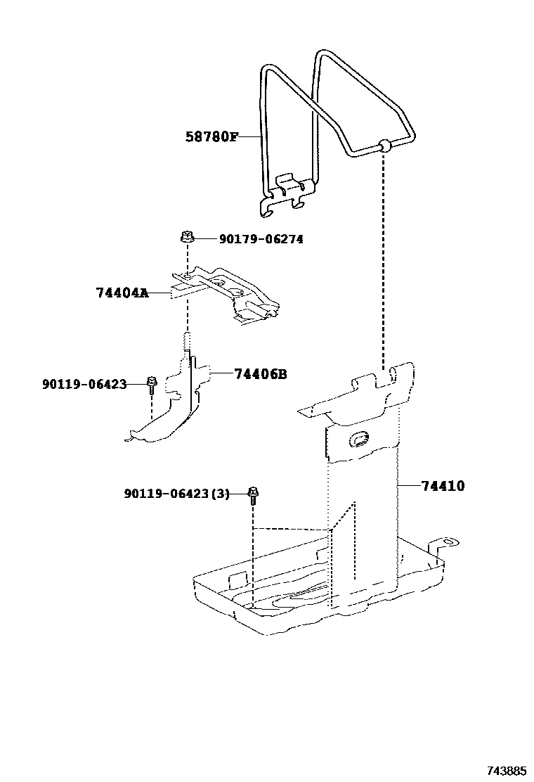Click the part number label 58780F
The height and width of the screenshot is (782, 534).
pyautogui.click(x=211, y=136)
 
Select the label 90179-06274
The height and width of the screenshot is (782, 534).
pyautogui.click(x=261, y=239)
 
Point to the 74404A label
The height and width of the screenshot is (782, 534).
pyautogui.click(x=122, y=292)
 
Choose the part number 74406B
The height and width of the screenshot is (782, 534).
pyautogui.click(x=260, y=374)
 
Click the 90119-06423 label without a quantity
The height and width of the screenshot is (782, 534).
pyautogui.click(x=84, y=384)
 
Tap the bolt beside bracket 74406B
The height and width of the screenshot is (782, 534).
pyautogui.click(x=152, y=384)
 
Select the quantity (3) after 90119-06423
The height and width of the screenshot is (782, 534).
pyautogui.click(x=220, y=494)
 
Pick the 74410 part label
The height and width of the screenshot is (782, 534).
pyautogui.click(x=443, y=485)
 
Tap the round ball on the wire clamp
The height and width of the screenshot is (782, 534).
pyautogui.click(x=384, y=147)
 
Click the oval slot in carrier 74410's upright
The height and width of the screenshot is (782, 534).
pyautogui.click(x=358, y=439)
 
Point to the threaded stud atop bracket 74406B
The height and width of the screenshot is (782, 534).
pyautogui.click(x=187, y=342)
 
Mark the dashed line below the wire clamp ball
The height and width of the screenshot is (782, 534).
pyautogui.click(x=384, y=260)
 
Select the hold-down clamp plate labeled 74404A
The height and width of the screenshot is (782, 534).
pyautogui.click(x=225, y=292)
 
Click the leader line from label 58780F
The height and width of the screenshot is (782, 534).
pyautogui.click(x=249, y=136)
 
